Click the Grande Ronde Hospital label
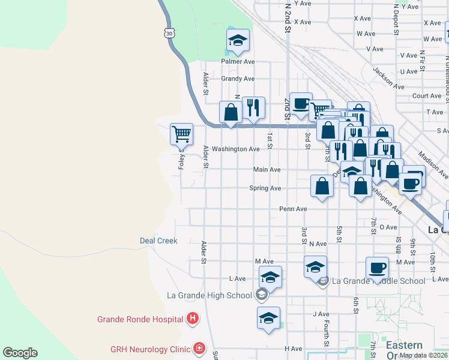point(140,319)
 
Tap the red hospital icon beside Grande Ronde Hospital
point(193,319)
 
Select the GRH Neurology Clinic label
point(150,349)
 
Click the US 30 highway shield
point(171,34)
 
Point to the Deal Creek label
point(158,241)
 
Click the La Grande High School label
point(209,295)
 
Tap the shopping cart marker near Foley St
point(181,134)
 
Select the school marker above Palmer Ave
point(238,40)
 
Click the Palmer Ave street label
point(238,61)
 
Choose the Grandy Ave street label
point(238,79)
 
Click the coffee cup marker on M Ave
point(378,268)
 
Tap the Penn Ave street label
point(293,209)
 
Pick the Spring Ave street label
point(265,188)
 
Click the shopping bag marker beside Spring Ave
point(322,185)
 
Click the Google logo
point(20,353)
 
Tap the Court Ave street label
point(427,95)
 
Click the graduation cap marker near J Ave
point(268,318)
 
